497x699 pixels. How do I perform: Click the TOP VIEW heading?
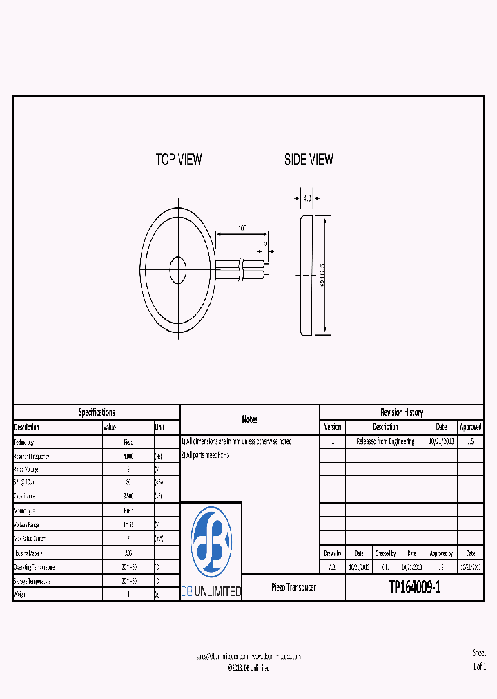point(179,160)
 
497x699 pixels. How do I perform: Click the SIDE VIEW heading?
point(309,160)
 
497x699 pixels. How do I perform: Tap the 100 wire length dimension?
point(242,228)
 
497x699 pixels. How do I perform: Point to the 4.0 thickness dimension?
point(306,198)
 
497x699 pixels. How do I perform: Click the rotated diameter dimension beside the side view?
point(322,276)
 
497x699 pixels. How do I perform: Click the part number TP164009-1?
point(414,588)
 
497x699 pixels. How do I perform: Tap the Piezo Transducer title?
point(293,587)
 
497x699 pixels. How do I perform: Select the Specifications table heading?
point(97,412)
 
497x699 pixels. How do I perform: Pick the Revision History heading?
point(401,412)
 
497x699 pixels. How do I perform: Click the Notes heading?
point(250,419)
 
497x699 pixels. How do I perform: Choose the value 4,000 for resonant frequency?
point(128,457)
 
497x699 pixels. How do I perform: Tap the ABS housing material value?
point(128,553)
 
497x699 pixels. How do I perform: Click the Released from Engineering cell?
point(385,441)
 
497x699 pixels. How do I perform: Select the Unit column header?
point(160,428)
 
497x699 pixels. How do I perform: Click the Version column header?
point(332,427)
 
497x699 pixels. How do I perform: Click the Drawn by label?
point(332,553)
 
